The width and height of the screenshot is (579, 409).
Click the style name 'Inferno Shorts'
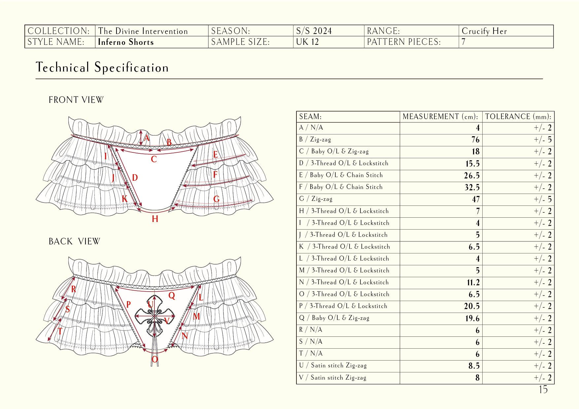click(x=126, y=42)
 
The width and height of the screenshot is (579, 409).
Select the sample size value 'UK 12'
click(x=307, y=42)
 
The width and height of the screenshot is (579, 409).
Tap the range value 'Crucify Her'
click(x=484, y=31)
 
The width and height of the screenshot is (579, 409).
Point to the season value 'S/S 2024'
click(x=314, y=31)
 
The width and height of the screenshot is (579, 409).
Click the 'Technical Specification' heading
click(x=102, y=68)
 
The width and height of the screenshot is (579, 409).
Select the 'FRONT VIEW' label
click(x=76, y=100)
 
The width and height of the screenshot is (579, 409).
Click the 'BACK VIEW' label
click(x=74, y=241)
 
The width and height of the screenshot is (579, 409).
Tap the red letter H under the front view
click(x=155, y=219)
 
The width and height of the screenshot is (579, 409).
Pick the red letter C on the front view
click(x=153, y=160)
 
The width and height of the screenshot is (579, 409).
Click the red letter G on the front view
click(x=217, y=199)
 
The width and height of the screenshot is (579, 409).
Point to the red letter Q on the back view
click(x=172, y=296)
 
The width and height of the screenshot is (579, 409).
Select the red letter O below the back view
click(x=154, y=360)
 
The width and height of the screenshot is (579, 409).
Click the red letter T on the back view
click(x=60, y=331)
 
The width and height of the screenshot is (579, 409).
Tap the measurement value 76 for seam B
click(x=475, y=140)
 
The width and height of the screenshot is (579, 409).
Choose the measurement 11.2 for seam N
click(x=473, y=283)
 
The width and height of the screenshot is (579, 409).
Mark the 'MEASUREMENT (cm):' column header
click(x=440, y=117)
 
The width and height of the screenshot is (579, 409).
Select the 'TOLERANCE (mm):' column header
click(x=518, y=117)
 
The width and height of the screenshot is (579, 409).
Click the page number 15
click(x=543, y=390)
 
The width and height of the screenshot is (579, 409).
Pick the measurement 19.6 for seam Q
click(x=472, y=318)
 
